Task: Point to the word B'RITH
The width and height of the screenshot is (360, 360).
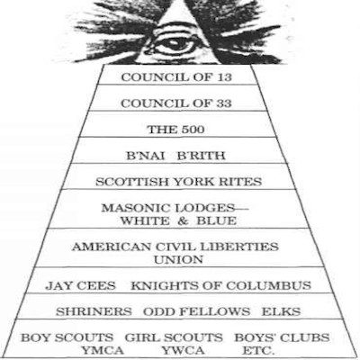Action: pos(201,156)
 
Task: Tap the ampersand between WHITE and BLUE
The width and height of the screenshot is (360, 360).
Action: pos(183,221)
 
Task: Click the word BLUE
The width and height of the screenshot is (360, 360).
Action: pos(217,221)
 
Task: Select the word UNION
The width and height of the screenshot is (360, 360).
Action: pos(178,260)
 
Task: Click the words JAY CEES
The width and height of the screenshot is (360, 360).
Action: pos(80,285)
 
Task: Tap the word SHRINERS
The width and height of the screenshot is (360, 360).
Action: pos(94,311)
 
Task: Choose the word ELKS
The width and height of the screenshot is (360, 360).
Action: pos(281,311)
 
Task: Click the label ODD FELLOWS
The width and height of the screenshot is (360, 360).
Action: pos(196,311)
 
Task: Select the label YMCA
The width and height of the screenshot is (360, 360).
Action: pos(103,350)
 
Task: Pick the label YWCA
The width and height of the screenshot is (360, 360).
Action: pos(183,350)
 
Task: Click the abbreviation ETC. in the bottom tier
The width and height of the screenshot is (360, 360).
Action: pos(258,350)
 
